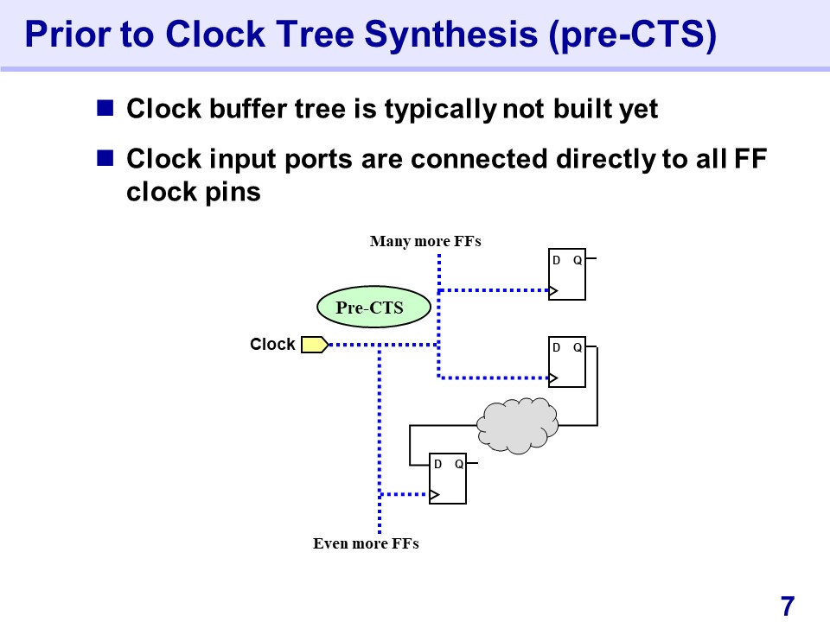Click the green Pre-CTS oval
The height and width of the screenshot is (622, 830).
(x=373, y=307)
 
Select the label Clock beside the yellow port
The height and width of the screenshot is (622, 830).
(x=272, y=345)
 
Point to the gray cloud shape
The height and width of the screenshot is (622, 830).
(x=517, y=424)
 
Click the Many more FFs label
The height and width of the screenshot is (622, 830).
(x=425, y=241)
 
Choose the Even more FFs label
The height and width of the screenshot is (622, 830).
(x=366, y=544)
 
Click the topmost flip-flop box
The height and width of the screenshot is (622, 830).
(x=567, y=275)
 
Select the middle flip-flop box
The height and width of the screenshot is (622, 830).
(x=567, y=362)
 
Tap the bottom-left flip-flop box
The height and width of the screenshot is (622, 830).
(x=448, y=479)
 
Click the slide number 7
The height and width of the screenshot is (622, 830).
(x=787, y=605)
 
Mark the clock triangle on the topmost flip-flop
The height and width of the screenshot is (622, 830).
(x=554, y=290)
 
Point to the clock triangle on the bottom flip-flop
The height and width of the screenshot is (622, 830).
(x=435, y=495)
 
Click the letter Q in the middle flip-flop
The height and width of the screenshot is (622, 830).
(x=577, y=347)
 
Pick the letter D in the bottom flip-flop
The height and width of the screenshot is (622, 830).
(x=438, y=464)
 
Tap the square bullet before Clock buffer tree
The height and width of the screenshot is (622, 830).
(x=105, y=109)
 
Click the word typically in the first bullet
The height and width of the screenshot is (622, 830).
(x=439, y=110)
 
